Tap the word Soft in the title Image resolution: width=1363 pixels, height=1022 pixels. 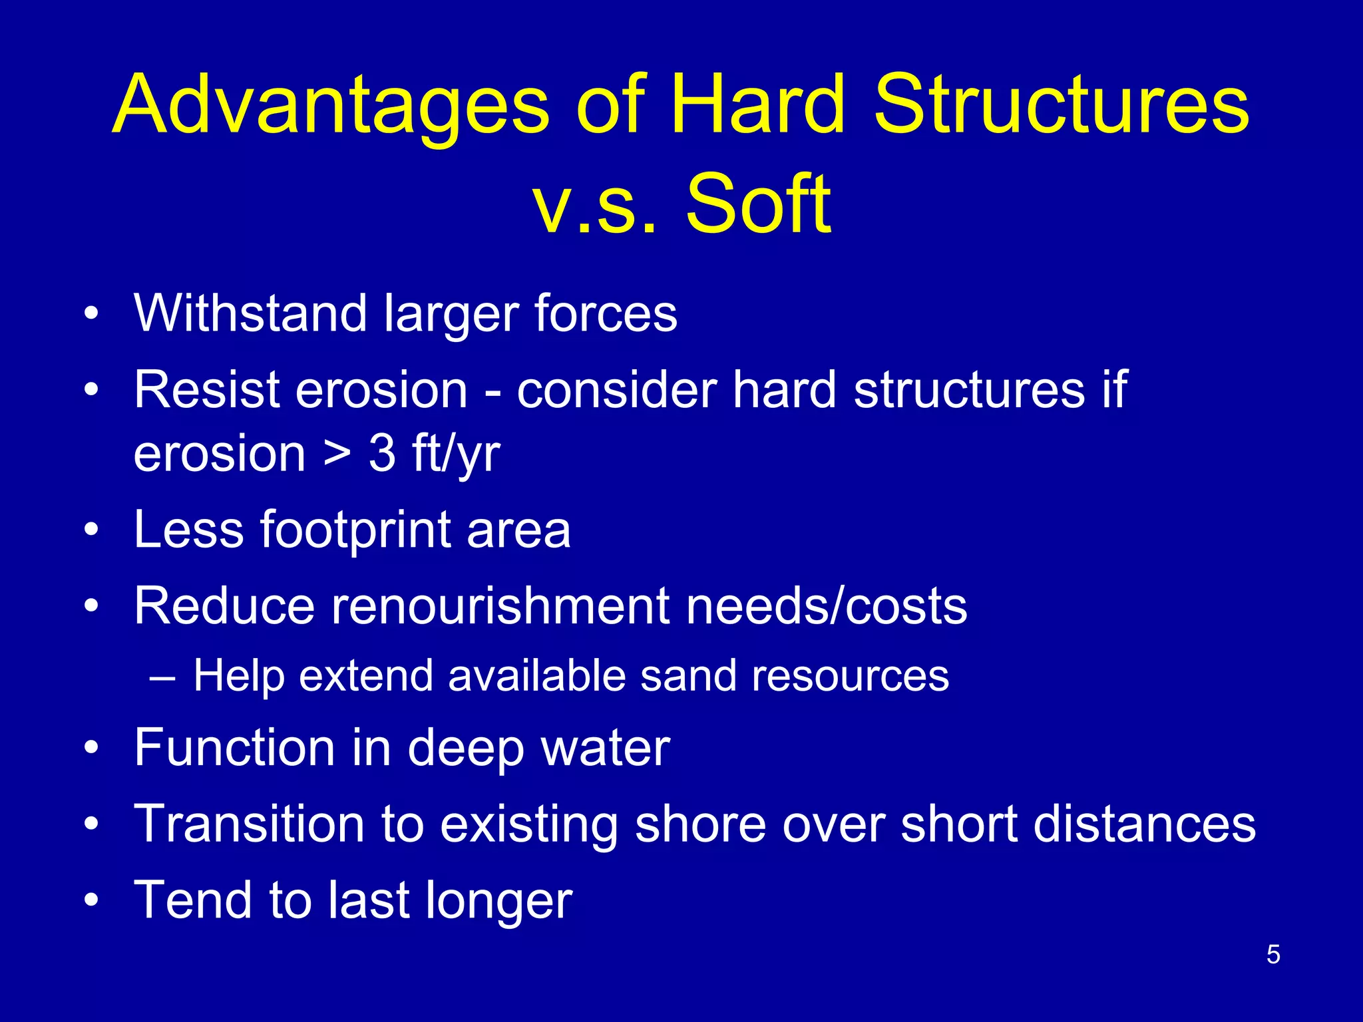(x=758, y=204)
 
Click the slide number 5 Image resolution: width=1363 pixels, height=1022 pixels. (x=1272, y=955)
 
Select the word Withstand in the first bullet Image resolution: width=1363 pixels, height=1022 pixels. (x=250, y=313)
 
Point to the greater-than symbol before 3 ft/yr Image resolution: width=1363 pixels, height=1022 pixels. (x=337, y=454)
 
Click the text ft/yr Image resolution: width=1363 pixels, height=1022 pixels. (x=456, y=454)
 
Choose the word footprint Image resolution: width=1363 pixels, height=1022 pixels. (x=355, y=531)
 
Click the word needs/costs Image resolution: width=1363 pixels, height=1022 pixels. (x=826, y=606)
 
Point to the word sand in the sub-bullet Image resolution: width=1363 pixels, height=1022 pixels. (x=687, y=676)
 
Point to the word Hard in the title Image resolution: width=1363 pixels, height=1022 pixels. (x=758, y=106)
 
